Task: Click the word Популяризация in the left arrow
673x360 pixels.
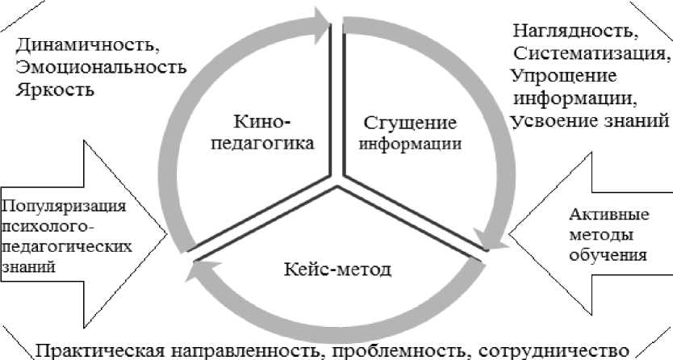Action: (64, 205)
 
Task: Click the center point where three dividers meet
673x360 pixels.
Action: (337, 176)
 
